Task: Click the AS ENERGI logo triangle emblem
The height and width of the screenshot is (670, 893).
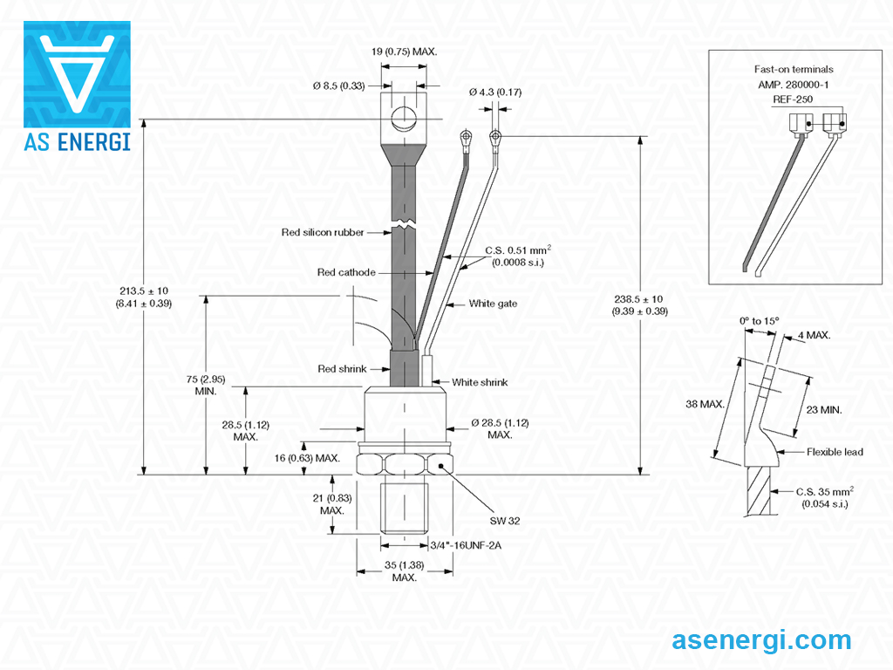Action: [x=77, y=73]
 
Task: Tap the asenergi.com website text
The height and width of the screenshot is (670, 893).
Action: [x=761, y=640]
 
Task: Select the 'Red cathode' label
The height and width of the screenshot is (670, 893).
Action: [x=346, y=272]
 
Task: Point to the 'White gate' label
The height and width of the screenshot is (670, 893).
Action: [x=493, y=304]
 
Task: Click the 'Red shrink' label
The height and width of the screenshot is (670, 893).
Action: [x=342, y=369]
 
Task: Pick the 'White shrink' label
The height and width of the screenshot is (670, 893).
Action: [x=480, y=382]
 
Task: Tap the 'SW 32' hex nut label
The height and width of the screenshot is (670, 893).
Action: [x=505, y=520]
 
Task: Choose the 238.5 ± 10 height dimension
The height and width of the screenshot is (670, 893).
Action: [x=639, y=304]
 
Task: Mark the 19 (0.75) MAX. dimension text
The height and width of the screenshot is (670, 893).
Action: [x=404, y=51]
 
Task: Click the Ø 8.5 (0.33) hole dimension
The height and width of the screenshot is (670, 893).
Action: [x=338, y=85]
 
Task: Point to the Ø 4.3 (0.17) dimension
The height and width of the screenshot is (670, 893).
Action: [x=494, y=92]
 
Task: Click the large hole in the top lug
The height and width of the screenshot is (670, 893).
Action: [x=403, y=118]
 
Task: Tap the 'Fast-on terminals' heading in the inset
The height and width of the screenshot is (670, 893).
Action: [x=794, y=69]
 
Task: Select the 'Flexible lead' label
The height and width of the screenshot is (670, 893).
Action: [x=835, y=452]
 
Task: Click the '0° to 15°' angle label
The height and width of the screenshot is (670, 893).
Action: [x=760, y=321]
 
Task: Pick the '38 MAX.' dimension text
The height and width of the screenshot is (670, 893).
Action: [x=706, y=404]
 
